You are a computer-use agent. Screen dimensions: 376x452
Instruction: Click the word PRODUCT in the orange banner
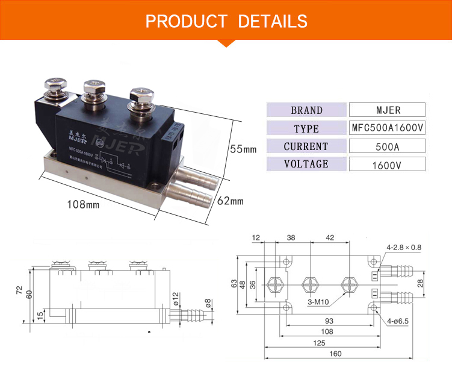pyautogui.click(x=186, y=22)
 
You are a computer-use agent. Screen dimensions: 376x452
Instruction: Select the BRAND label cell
pyautogui.click(x=306, y=110)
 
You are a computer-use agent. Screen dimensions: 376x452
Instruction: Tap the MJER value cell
pyautogui.click(x=387, y=110)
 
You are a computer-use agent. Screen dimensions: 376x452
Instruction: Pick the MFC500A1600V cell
pyautogui.click(x=387, y=128)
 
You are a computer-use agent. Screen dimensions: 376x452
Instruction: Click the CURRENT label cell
pyautogui.click(x=306, y=146)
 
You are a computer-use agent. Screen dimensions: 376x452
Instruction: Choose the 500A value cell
pyautogui.click(x=387, y=146)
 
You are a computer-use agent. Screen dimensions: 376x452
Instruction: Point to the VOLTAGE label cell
pyautogui.click(x=306, y=164)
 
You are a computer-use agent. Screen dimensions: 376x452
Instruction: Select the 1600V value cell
pyautogui.click(x=387, y=164)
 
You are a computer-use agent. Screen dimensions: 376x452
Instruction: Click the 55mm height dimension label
pyautogui.click(x=243, y=149)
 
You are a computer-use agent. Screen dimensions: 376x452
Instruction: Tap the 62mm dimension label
pyautogui.click(x=230, y=201)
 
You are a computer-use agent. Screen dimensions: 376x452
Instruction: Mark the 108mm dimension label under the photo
pyautogui.click(x=82, y=205)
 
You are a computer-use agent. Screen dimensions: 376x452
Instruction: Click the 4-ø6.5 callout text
pyautogui.click(x=397, y=321)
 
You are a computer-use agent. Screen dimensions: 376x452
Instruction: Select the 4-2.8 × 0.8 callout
pyautogui.click(x=404, y=247)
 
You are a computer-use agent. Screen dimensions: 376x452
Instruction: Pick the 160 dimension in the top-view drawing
pyautogui.click(x=327, y=354)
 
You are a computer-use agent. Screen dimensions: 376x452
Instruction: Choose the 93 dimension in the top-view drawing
pyautogui.click(x=328, y=321)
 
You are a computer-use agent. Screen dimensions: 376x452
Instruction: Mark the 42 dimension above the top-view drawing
pyautogui.click(x=329, y=238)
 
